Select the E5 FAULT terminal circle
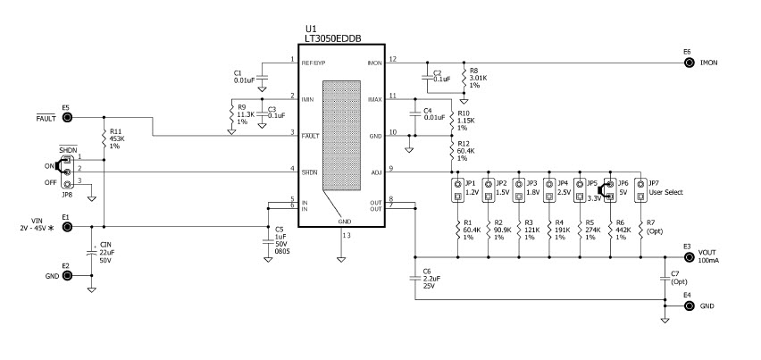click(66, 117)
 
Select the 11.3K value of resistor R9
click(245, 114)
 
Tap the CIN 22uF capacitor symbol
click(92, 253)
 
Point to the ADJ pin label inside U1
click(376, 171)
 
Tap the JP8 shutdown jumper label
click(66, 193)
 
